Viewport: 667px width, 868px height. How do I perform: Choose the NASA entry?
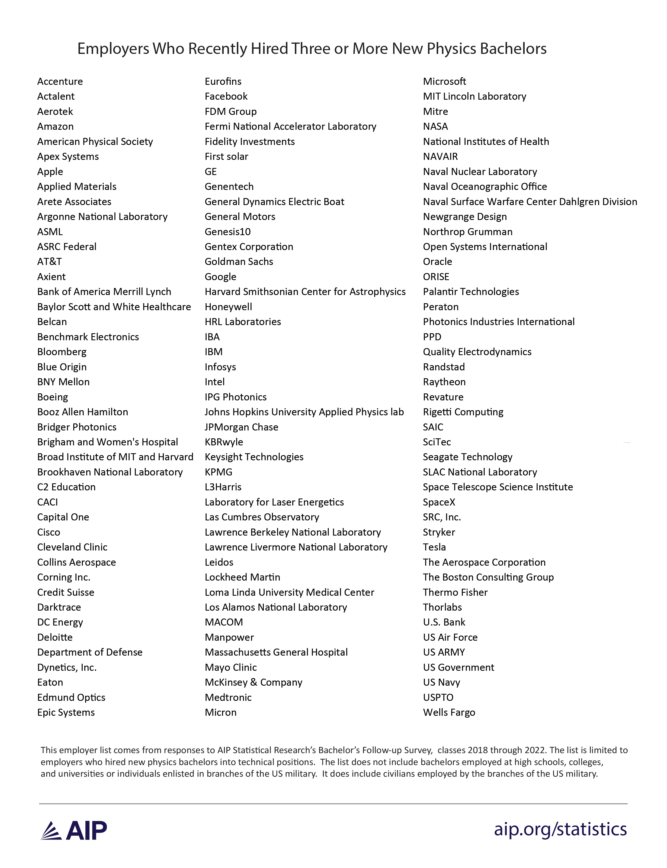pos(435,126)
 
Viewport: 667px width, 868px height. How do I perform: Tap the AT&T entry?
pos(49,261)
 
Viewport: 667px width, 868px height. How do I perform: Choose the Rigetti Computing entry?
pos(463,412)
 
